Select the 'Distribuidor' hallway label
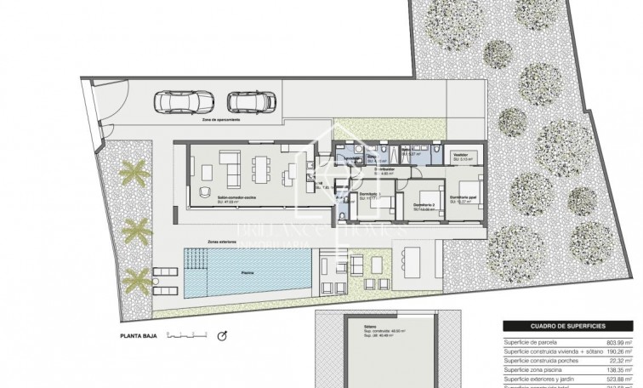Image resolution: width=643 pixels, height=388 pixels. [384, 169]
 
